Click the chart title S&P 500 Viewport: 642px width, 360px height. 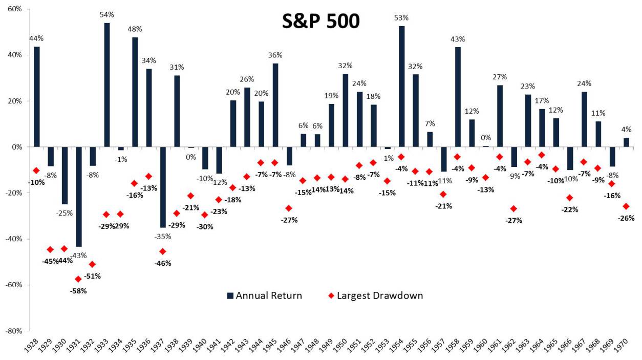321,22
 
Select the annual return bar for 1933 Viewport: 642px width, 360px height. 106,85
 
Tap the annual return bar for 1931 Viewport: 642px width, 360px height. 78,197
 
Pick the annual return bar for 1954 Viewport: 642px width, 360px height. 401,87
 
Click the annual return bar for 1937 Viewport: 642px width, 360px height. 162,187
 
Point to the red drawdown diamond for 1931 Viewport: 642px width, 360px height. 78,279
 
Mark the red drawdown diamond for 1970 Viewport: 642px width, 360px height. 625,206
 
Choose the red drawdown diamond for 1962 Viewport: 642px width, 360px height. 513,208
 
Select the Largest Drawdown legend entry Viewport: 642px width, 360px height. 375,295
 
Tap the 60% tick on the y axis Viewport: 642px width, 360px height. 14,9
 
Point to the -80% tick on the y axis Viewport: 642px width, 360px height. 13,331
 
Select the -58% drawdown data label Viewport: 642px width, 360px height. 79,291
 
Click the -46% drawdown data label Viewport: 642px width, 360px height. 163,263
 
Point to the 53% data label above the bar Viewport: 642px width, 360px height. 401,18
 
